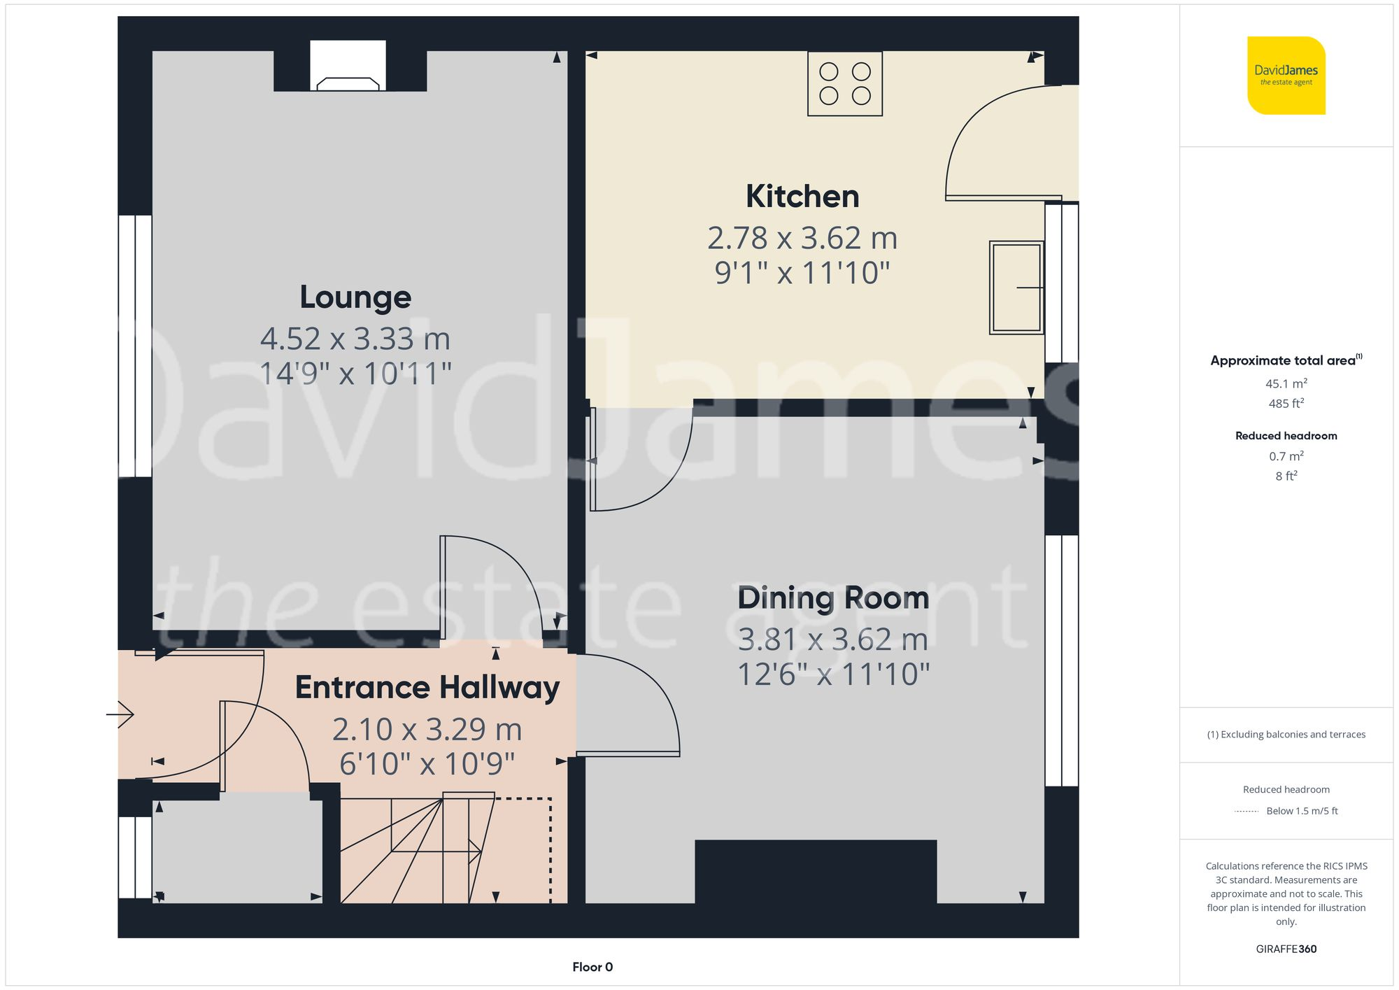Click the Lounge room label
click(x=355, y=297)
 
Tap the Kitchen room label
click(x=802, y=197)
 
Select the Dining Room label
click(x=833, y=598)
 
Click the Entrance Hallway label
click(x=427, y=688)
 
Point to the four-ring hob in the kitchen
click(x=845, y=83)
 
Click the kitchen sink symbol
click(x=1016, y=288)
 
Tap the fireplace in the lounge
click(x=348, y=66)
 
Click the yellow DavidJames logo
click(x=1286, y=76)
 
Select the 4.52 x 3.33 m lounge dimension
click(x=355, y=339)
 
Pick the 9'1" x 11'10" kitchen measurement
click(x=802, y=273)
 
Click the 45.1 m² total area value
click(x=1286, y=383)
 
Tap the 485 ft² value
click(x=1286, y=404)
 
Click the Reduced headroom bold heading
click(x=1286, y=436)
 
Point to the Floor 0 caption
click(x=592, y=967)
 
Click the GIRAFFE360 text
click(x=1286, y=949)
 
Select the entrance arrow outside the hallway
click(x=120, y=714)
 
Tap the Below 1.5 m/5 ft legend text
click(x=1302, y=811)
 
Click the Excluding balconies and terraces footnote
click(x=1286, y=735)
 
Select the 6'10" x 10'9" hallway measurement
click(x=427, y=764)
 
